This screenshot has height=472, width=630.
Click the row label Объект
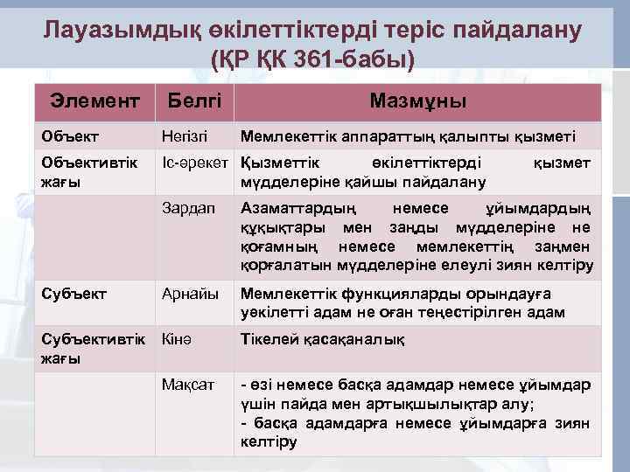click(70, 136)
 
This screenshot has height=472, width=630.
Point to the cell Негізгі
click(185, 136)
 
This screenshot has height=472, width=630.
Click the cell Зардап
click(188, 209)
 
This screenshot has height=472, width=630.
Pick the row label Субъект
click(73, 294)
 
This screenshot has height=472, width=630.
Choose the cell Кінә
click(178, 339)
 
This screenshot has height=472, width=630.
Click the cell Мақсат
click(189, 385)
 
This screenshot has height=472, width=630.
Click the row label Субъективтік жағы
click(83, 348)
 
